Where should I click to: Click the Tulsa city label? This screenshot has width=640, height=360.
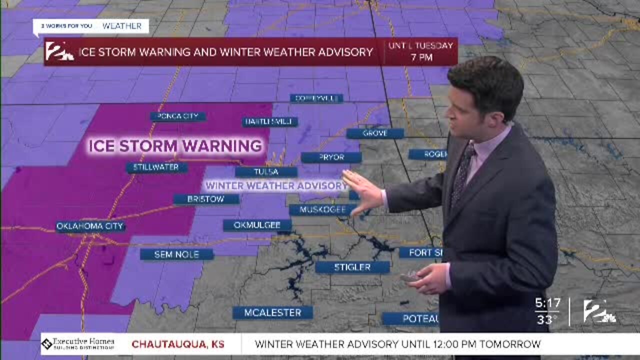point(266,172)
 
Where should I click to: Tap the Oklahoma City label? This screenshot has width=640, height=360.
point(90,226)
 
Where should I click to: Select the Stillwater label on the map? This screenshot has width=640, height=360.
point(156,167)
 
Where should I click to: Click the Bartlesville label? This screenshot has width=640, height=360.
point(270,122)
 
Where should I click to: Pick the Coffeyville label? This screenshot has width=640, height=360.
point(316,98)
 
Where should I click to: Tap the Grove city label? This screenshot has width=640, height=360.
point(375,133)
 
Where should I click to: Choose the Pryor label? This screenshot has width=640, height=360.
point(331,157)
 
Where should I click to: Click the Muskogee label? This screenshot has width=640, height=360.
point(322,209)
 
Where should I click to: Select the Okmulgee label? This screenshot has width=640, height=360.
point(257,225)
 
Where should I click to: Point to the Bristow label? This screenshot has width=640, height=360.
point(206,199)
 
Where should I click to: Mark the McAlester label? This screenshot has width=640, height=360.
point(272,313)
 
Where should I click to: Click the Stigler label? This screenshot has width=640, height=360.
point(352,267)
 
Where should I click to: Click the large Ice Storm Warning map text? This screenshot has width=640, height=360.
point(175,146)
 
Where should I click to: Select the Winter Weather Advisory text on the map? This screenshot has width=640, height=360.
point(276,185)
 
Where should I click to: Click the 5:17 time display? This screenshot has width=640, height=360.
point(547,303)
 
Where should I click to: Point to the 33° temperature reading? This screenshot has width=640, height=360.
point(547,319)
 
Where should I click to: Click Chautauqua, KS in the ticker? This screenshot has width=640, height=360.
point(178,344)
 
